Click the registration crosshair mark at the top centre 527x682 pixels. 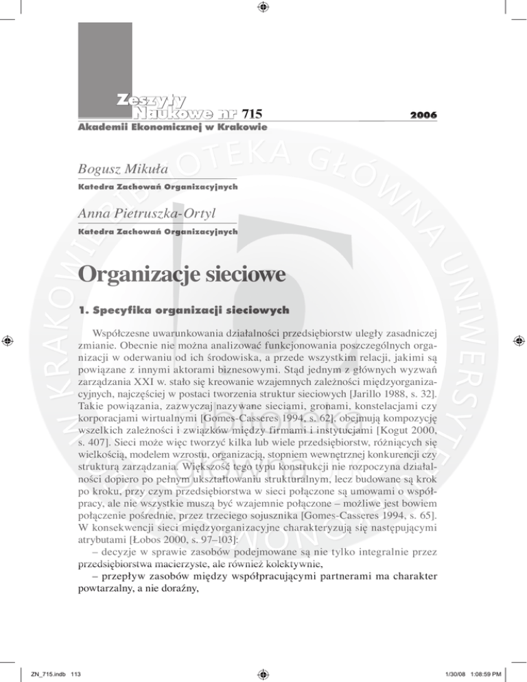tap(263, 8)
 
